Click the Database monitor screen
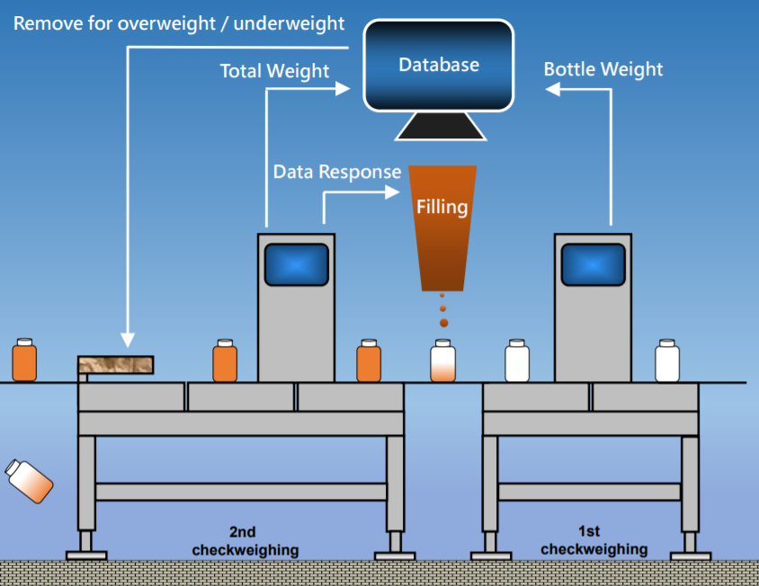coord(438,66)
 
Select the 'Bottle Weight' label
coord(603,69)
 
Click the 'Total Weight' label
coord(274,70)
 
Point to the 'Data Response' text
coord(337,172)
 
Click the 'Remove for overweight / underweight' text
coord(178,22)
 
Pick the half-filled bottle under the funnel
coord(442,360)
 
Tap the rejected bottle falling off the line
coord(29,480)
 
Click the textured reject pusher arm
coord(115,365)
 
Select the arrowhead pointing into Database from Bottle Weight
coord(553,89)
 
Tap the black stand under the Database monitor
coord(441,127)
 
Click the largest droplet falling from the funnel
coord(443,322)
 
